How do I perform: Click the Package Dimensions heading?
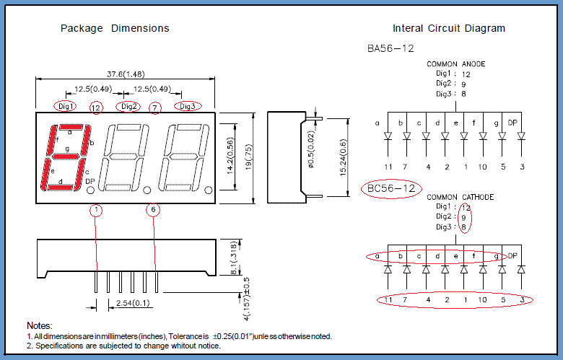pos(115,28)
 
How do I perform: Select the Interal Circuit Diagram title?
pos(448,28)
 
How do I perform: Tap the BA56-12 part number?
pos(390,48)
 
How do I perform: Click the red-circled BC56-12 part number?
pos(390,189)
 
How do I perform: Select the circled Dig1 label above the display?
pos(66,106)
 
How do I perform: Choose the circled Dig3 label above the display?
pos(187,106)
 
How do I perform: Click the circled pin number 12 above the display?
pos(96,107)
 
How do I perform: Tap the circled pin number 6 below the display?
pos(153,210)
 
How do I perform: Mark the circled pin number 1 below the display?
pos(97,210)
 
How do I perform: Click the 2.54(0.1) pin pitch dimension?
pos(132,303)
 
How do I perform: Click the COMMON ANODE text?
pos(456,64)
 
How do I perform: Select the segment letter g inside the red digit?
pos(67,149)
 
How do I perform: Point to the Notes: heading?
pos(40,326)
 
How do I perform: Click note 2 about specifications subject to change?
pos(123,346)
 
